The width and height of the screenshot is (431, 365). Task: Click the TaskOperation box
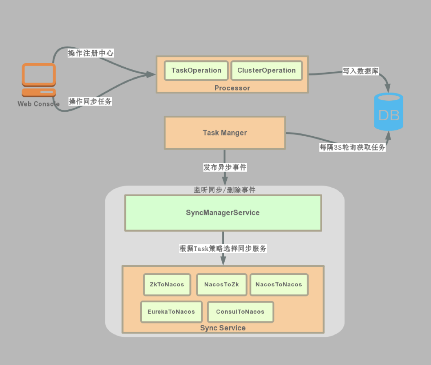click(196, 71)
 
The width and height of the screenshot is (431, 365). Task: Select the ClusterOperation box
click(266, 71)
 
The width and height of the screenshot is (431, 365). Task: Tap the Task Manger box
click(225, 133)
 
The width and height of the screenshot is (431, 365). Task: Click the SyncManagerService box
click(223, 213)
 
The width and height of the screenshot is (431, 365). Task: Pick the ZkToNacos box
click(167, 285)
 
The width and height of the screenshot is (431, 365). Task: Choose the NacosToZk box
click(221, 285)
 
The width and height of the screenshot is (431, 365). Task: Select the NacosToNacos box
click(279, 285)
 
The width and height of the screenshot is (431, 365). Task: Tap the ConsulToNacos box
click(240, 312)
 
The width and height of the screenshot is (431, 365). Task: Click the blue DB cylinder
click(389, 112)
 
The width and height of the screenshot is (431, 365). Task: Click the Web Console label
click(39, 104)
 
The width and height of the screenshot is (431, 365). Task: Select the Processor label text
click(232, 88)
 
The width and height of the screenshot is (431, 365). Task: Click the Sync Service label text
click(223, 328)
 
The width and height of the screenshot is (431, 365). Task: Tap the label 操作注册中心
click(91, 53)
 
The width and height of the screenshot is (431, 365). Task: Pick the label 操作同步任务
click(90, 102)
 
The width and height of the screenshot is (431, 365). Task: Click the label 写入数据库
click(361, 71)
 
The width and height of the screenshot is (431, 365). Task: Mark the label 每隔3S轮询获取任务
click(352, 148)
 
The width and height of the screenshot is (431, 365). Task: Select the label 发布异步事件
click(225, 167)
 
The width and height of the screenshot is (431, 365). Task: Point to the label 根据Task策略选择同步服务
click(223, 248)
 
